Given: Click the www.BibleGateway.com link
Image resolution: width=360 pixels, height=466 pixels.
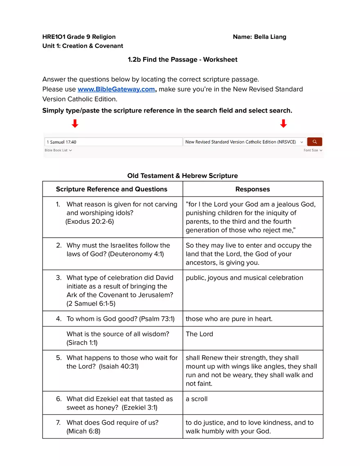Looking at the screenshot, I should point(116,89).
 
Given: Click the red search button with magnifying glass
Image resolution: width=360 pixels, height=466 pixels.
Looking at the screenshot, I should point(315,142).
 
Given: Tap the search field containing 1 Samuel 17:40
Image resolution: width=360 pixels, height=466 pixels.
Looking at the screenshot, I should point(113,142).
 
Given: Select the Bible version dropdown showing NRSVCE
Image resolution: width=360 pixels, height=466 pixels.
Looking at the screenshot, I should point(244,142).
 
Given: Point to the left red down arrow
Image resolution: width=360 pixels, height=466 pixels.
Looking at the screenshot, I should point(75,124).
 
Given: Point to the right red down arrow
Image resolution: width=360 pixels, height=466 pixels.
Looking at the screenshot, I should point(283,124).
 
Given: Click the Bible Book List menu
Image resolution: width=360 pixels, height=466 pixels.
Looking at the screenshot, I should point(58,151).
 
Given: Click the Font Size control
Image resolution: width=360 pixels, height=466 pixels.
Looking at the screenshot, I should point(313,151).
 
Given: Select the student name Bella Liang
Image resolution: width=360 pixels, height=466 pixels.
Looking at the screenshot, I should point(270,37).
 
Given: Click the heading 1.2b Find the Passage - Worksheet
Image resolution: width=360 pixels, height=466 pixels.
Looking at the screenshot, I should point(182,60).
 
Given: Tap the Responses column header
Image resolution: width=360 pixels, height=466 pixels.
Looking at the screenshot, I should point(252,189).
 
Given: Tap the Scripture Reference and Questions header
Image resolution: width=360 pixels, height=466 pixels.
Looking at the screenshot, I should point(112,189).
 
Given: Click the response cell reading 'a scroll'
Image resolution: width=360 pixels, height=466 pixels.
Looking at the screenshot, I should point(196,399).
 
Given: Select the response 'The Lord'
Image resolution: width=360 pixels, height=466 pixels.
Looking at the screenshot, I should point(199,334).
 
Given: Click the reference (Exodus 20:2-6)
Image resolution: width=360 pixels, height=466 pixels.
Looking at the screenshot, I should point(90,221).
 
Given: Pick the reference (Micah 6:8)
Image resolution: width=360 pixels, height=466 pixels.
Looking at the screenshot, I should point(83,431).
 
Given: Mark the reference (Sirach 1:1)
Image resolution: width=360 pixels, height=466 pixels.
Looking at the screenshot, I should point(82,342).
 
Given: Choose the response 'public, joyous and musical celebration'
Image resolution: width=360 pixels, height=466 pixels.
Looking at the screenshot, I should point(244,278).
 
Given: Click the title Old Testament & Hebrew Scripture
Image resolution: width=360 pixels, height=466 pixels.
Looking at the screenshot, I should point(182,176).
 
